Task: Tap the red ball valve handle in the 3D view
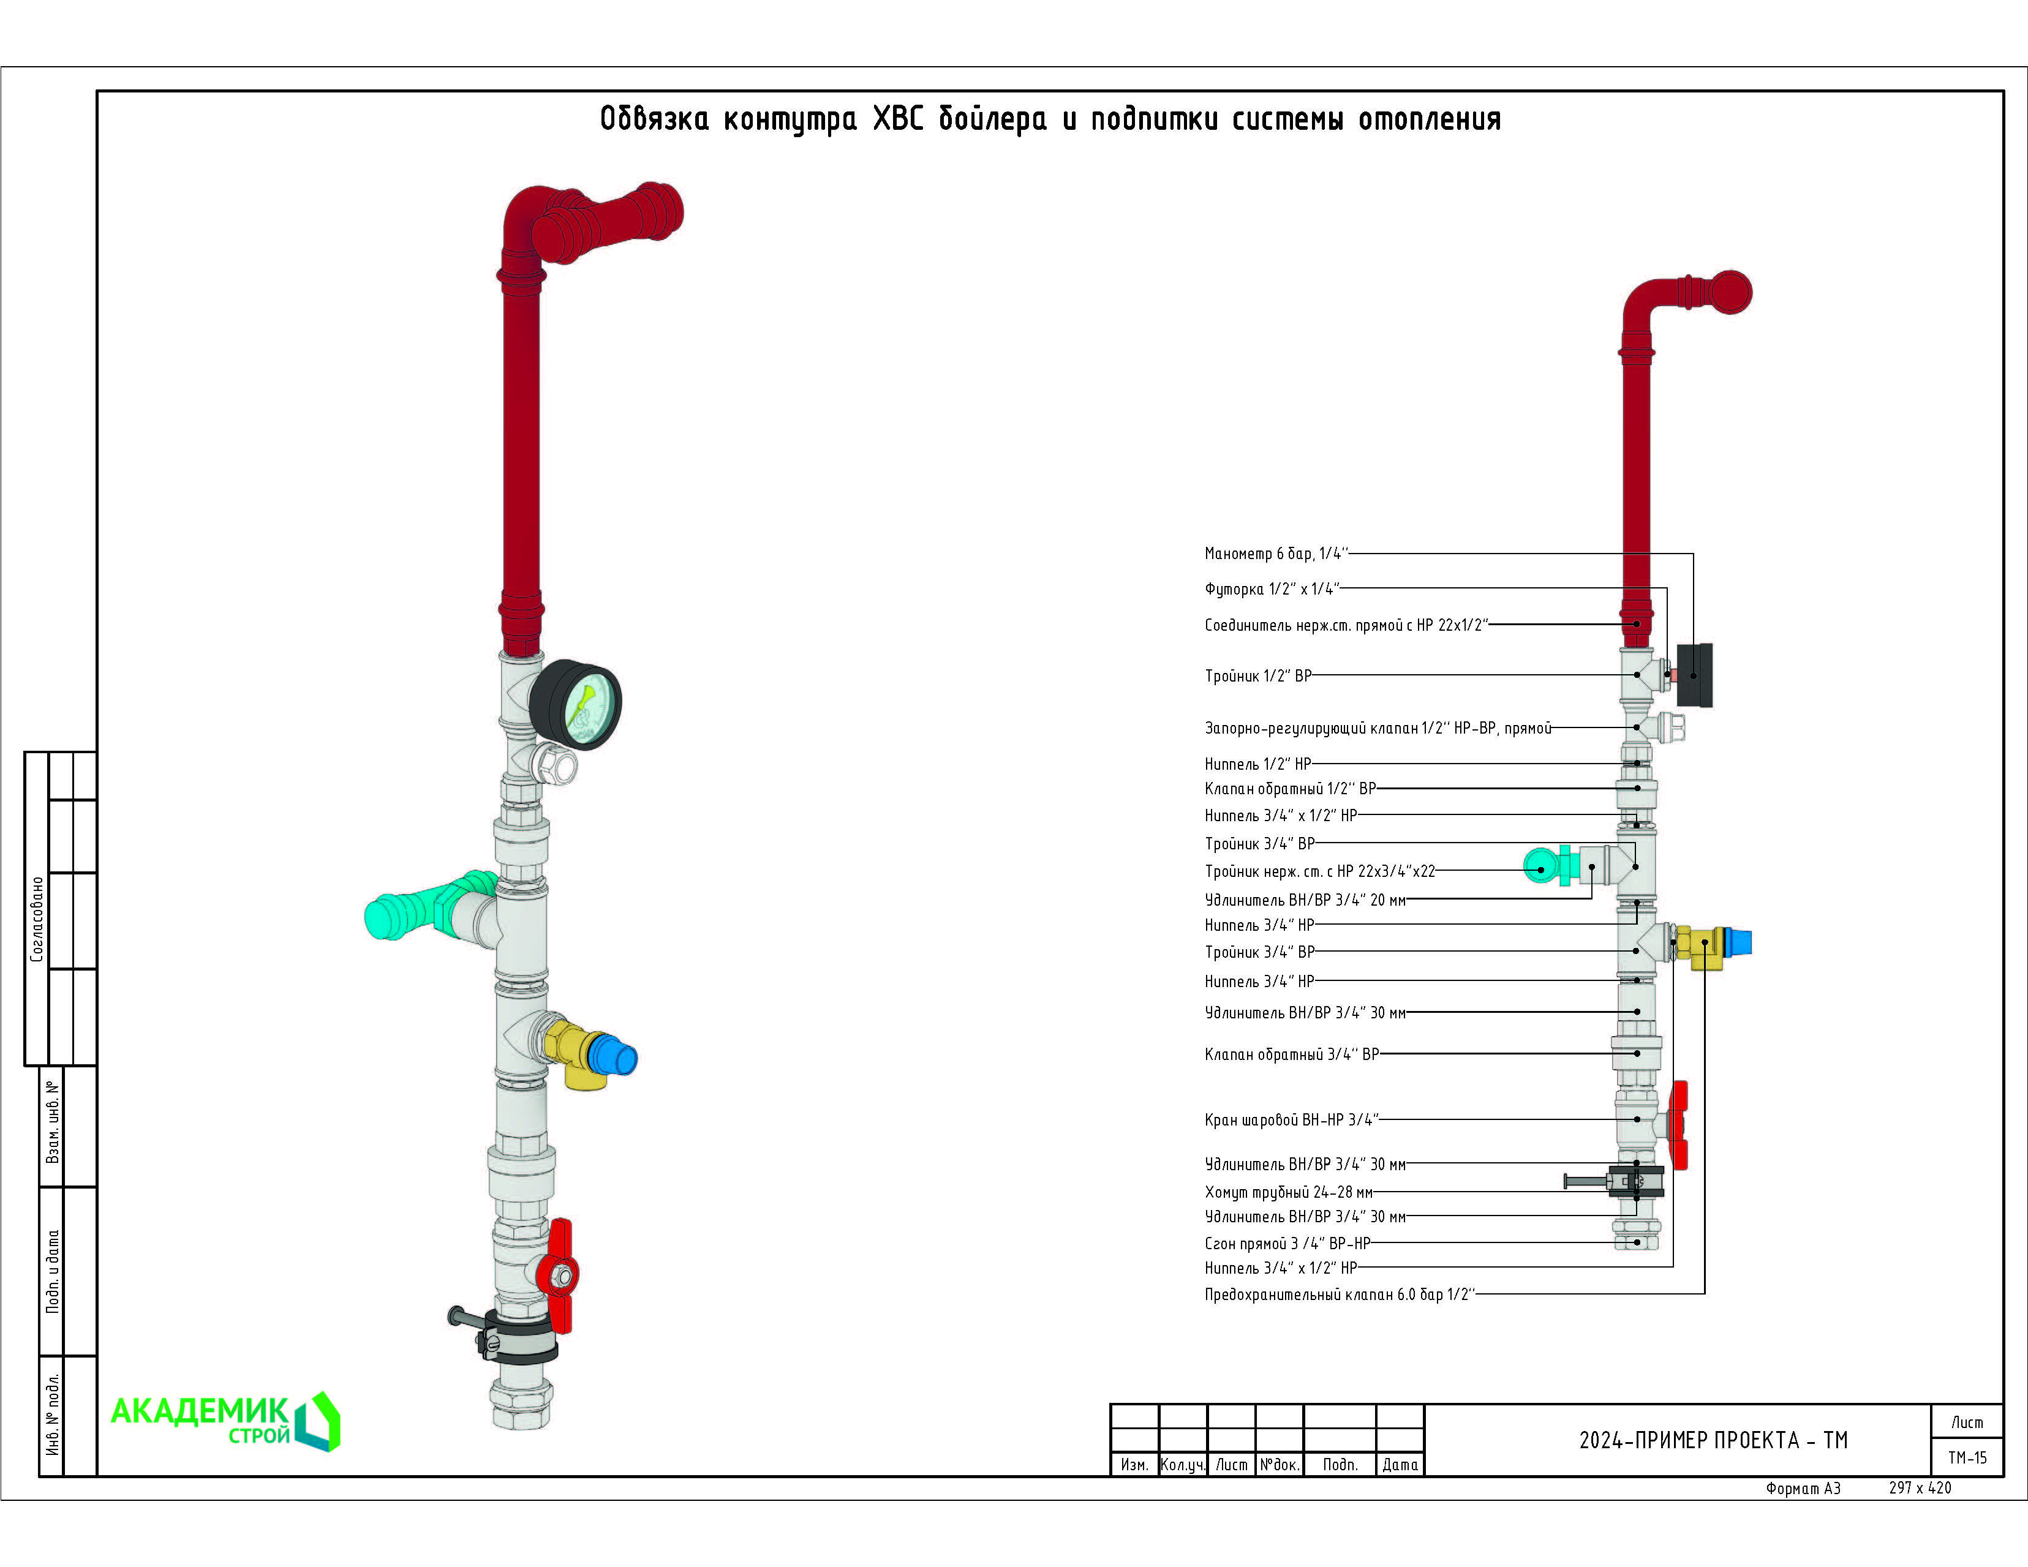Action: (x=560, y=1276)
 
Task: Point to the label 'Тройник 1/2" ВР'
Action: (x=1258, y=676)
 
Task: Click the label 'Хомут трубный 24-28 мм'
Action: (x=1288, y=1192)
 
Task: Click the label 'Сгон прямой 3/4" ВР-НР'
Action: (x=1287, y=1244)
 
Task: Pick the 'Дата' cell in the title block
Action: (x=1400, y=1465)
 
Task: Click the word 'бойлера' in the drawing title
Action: (x=992, y=119)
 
